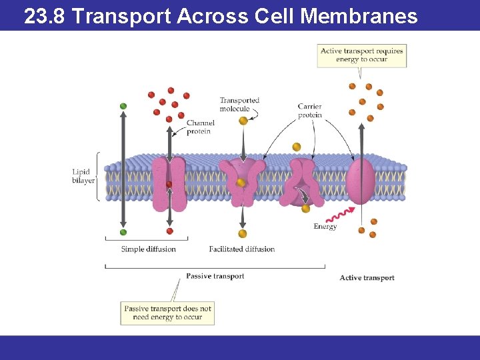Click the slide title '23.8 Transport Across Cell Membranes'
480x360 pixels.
click(x=220, y=16)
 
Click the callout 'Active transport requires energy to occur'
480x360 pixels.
click(x=361, y=55)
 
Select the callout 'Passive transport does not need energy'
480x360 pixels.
click(x=167, y=313)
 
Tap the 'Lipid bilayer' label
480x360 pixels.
click(x=83, y=176)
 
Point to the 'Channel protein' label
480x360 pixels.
click(x=199, y=127)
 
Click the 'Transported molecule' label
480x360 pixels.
click(x=239, y=104)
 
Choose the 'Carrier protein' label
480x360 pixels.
click(x=309, y=111)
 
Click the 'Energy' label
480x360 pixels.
click(x=325, y=227)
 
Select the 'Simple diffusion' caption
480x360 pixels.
click(x=148, y=249)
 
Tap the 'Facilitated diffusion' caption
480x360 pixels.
click(x=241, y=249)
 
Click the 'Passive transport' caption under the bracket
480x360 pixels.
click(x=215, y=276)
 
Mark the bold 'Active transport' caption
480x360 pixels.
click(x=367, y=278)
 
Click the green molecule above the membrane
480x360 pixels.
click(x=123, y=106)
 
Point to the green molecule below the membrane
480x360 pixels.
click(x=123, y=232)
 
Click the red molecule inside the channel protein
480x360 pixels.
click(x=169, y=184)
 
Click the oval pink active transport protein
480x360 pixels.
click(x=361, y=180)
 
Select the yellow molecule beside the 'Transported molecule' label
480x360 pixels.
click(x=243, y=121)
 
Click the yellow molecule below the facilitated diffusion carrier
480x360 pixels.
click(x=243, y=233)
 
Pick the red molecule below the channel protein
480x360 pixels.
click(x=169, y=231)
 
